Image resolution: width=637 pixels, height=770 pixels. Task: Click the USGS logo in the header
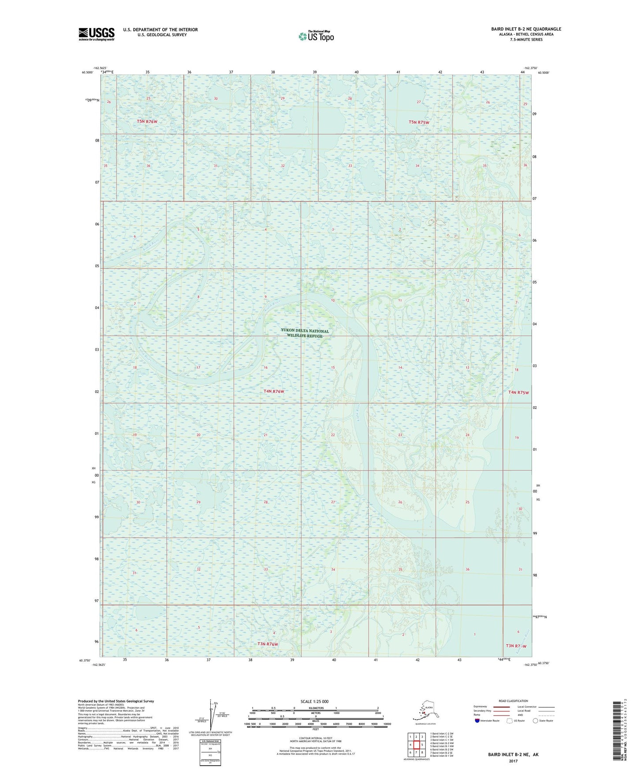96,34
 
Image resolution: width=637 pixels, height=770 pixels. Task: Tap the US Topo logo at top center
316,36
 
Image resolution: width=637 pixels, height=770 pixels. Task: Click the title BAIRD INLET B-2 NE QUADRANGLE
526,29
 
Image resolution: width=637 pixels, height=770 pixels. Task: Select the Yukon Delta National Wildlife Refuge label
305,333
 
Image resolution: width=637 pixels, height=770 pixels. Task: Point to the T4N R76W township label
274,391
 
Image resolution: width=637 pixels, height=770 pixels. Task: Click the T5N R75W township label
418,122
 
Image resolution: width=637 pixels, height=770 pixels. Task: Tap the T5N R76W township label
147,121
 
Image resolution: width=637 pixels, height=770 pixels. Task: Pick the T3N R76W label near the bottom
268,644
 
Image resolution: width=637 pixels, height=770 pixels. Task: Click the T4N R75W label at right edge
518,392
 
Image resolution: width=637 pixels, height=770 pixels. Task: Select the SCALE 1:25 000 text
315,701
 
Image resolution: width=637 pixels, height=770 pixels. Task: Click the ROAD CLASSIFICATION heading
513,701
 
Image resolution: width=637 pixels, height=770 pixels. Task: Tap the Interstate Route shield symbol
477,721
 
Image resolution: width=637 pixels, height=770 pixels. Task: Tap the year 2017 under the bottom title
513,761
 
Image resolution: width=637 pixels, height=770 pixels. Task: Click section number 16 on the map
265,367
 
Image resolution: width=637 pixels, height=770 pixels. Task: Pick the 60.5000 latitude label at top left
87,72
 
